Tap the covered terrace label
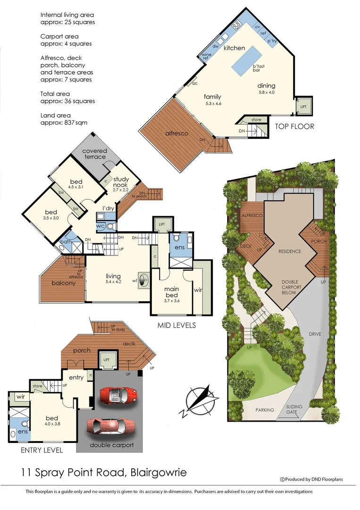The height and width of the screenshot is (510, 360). (x=95, y=154)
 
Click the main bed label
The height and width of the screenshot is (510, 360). (x=170, y=292)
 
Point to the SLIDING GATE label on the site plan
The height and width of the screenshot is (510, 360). (x=294, y=409)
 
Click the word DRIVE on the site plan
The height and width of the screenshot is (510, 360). (x=315, y=334)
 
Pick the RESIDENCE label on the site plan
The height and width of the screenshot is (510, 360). (x=290, y=251)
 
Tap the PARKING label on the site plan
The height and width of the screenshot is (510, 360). (x=265, y=410)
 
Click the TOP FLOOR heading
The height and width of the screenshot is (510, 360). (x=295, y=127)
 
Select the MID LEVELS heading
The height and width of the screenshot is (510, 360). (x=176, y=326)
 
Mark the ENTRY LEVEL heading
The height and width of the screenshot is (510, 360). (x=42, y=450)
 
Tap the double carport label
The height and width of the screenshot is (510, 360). (x=111, y=445)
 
